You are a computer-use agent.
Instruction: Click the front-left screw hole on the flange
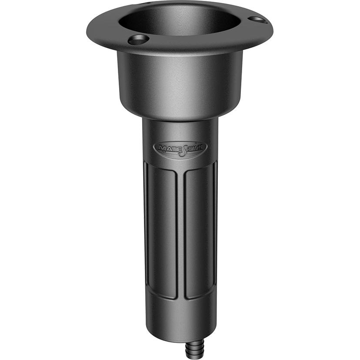(x=139, y=40)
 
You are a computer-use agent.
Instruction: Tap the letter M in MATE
(x=162, y=148)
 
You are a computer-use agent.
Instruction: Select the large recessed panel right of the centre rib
(x=198, y=233)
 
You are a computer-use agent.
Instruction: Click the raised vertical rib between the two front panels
(x=180, y=233)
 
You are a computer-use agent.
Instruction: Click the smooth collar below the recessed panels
(x=180, y=317)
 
